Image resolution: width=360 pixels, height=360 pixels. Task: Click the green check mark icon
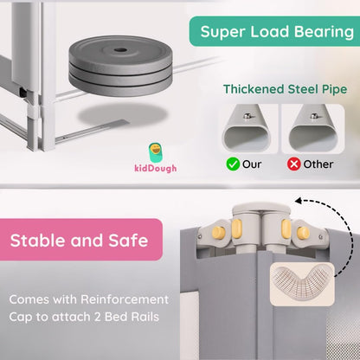click(x=233, y=164)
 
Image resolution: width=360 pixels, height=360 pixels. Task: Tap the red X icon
click(x=295, y=164)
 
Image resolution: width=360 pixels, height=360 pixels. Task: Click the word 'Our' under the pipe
click(x=253, y=164)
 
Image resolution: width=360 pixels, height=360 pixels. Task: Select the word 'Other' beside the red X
click(x=320, y=164)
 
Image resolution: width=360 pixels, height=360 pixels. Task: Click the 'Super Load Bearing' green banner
click(x=275, y=32)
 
